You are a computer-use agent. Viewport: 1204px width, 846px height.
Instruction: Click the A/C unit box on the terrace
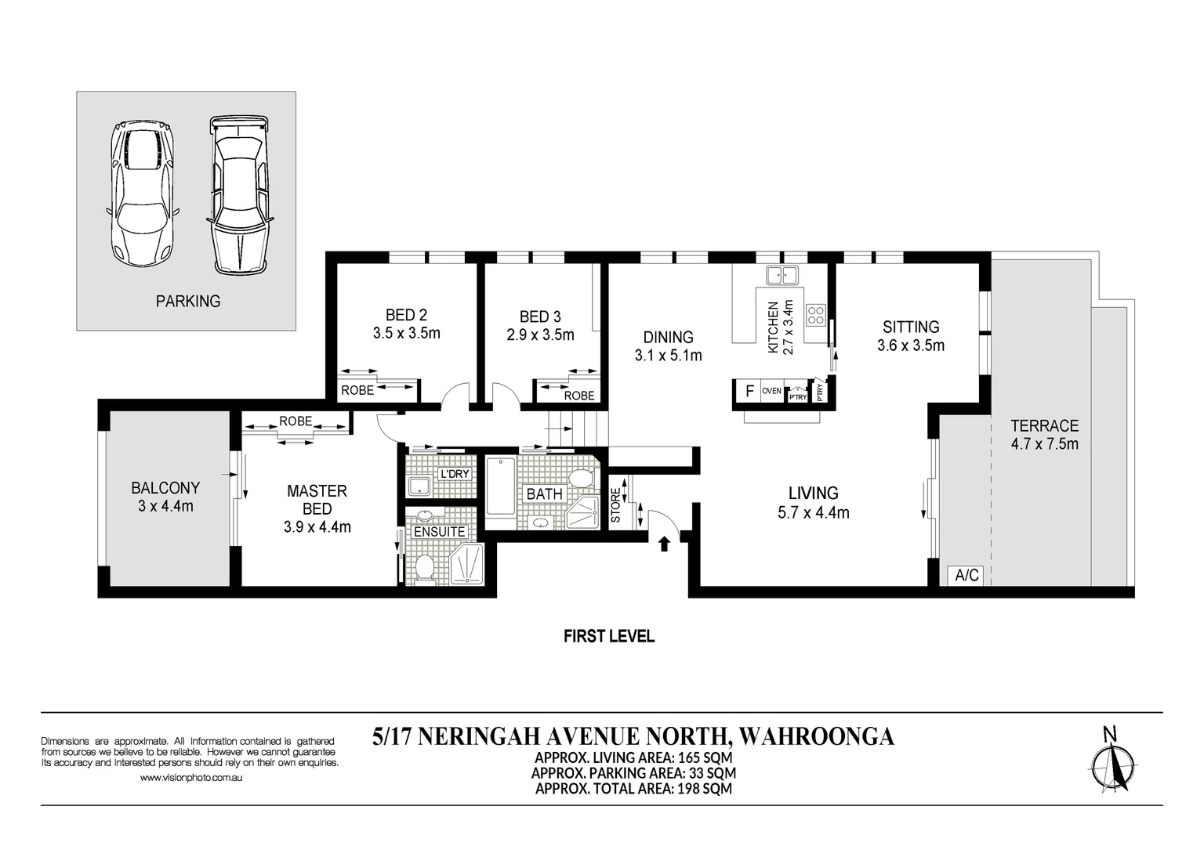(x=966, y=576)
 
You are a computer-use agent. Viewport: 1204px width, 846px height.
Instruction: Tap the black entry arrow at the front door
(x=665, y=544)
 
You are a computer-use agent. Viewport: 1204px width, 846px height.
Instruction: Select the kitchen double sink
(x=782, y=276)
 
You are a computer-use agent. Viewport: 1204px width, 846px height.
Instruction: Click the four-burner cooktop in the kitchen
(x=815, y=315)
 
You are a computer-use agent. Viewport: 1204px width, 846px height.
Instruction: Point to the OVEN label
(x=771, y=391)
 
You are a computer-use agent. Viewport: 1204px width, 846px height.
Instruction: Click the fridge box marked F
(x=749, y=391)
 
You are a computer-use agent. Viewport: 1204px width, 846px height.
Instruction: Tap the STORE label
(x=615, y=505)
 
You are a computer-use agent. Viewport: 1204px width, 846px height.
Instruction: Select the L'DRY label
(x=455, y=474)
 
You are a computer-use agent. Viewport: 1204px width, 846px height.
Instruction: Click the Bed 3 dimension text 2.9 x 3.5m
(x=540, y=335)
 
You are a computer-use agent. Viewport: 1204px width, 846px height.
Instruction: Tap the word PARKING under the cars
(x=188, y=302)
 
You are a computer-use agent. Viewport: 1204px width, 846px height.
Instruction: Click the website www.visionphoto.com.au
(x=191, y=778)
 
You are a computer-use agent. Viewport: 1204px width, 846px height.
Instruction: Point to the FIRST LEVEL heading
(x=609, y=637)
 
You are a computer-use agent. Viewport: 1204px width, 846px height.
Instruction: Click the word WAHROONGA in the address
(x=817, y=736)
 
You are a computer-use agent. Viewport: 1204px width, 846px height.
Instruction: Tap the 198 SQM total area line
(x=633, y=789)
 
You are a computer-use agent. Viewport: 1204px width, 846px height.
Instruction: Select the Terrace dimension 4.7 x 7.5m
(x=1044, y=444)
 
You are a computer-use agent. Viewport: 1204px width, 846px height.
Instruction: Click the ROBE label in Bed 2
(x=357, y=391)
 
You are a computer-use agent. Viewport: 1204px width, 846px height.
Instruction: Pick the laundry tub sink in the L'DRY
(x=418, y=486)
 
